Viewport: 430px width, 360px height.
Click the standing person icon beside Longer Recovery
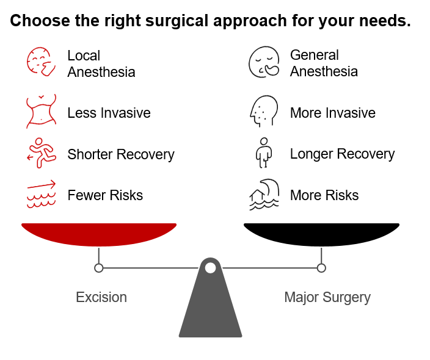point(263,153)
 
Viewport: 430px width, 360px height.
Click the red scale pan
point(99,234)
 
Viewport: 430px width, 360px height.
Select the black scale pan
point(321,234)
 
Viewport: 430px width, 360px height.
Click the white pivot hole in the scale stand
point(210,268)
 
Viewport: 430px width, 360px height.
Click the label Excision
point(101,297)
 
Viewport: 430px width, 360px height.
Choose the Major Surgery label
point(327,298)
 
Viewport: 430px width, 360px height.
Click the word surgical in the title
point(177,21)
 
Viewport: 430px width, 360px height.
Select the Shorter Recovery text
point(121,154)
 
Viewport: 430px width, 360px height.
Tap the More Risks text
point(324,195)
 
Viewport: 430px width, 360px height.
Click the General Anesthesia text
point(324,63)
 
